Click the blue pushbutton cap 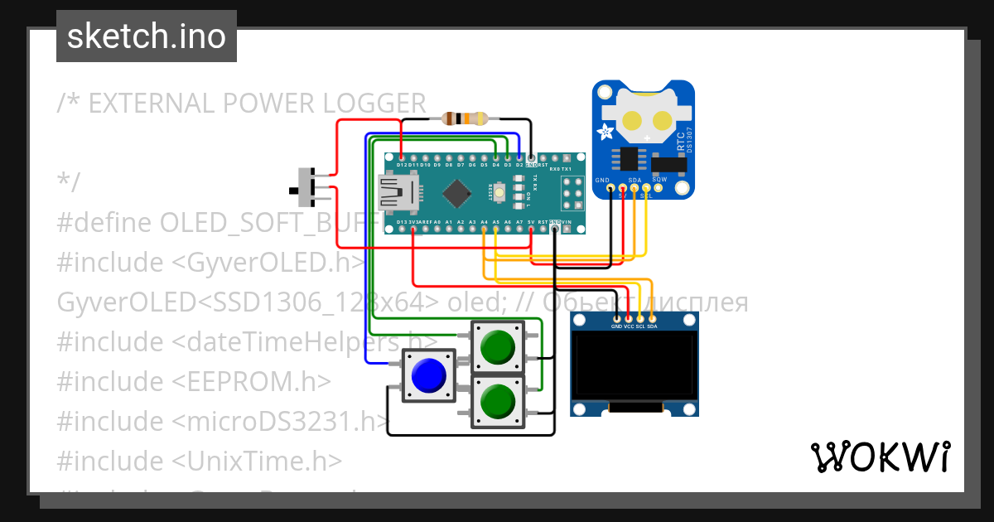pyautogui.click(x=427, y=376)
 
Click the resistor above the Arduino pyautogui.click(x=464, y=118)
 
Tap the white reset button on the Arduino pyautogui.click(x=500, y=192)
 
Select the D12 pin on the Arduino pyautogui.click(x=401, y=157)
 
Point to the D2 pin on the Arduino pyautogui.click(x=519, y=157)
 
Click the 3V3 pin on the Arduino pyautogui.click(x=413, y=230)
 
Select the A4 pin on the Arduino pyautogui.click(x=484, y=230)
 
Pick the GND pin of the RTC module pyautogui.click(x=610, y=189)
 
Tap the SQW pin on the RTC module pyautogui.click(x=659, y=187)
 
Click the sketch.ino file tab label pyautogui.click(x=147, y=36)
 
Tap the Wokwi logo pyautogui.click(x=880, y=457)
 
